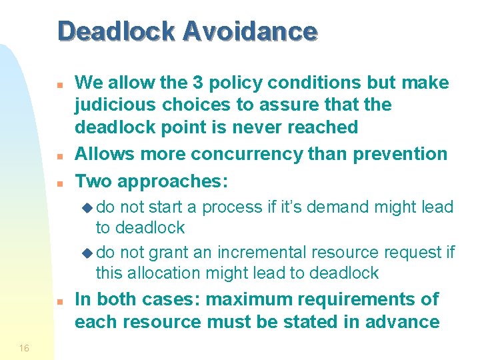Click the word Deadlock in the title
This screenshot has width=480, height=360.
(116, 31)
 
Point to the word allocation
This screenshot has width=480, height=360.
(167, 273)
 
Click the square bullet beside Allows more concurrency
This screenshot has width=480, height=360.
(59, 156)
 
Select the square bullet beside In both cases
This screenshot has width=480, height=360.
(59, 301)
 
